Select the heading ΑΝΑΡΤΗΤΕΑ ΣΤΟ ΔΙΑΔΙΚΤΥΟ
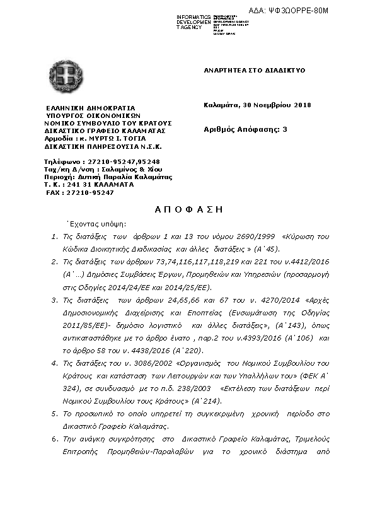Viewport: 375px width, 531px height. click(254, 70)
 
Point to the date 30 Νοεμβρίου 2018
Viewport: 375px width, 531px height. click(277, 105)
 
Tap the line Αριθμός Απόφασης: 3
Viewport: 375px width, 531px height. click(245, 129)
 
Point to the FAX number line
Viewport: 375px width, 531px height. click(80, 192)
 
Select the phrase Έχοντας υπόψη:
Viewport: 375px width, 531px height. click(96, 223)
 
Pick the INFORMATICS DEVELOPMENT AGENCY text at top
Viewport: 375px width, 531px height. click(193, 21)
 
